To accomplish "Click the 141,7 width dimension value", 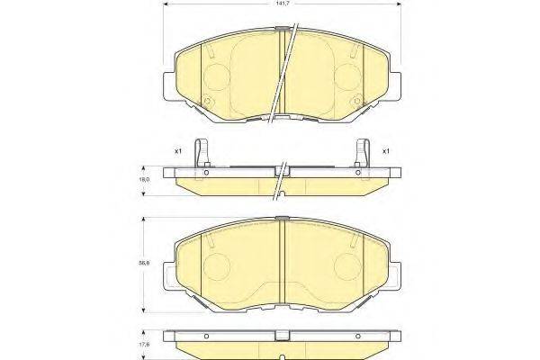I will [x=283, y=6].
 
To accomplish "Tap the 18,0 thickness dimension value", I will [x=144, y=180].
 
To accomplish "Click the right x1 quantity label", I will [x=386, y=150].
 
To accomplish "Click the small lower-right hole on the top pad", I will [x=358, y=99].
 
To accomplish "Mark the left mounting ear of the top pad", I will [x=169, y=87].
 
